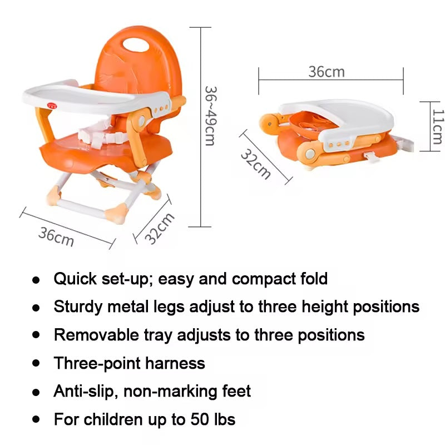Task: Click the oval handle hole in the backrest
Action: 136,45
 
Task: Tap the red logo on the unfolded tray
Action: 52,106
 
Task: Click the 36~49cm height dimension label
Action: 211,116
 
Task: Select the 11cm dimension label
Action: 438,126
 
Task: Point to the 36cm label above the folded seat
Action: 327,72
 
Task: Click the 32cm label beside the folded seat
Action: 255,164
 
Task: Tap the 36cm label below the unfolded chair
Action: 56,236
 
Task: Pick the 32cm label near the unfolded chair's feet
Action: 159,229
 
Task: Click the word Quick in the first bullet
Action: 75,279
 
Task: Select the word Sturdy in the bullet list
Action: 77,307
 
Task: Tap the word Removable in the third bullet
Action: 96,335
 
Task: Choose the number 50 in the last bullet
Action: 200,419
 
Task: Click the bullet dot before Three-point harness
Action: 36,363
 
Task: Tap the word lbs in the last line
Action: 225,419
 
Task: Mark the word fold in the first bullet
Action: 314,279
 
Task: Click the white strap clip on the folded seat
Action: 372,158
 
